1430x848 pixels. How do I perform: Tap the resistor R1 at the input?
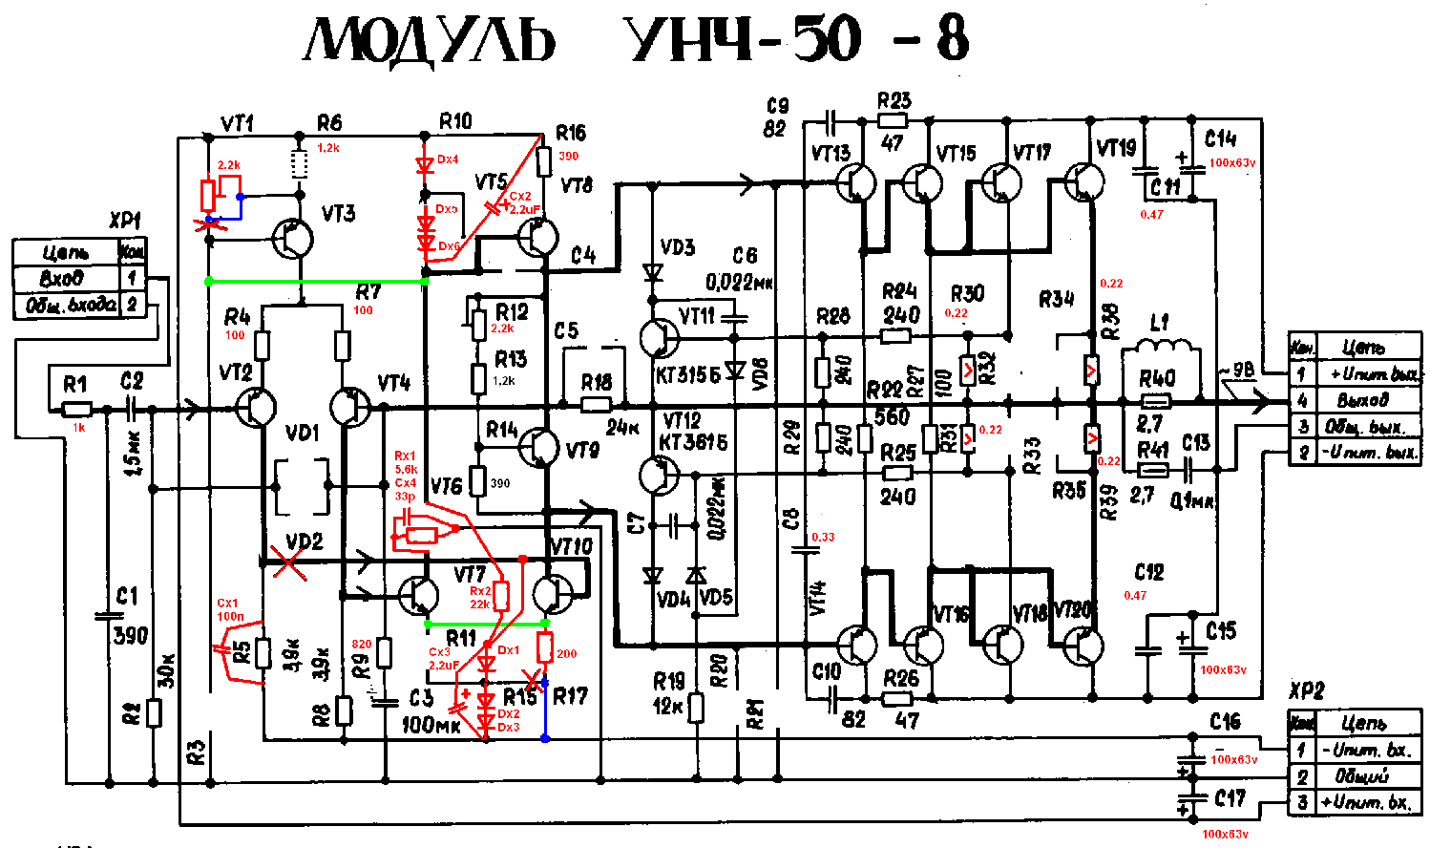point(76,409)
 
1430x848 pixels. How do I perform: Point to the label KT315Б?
point(688,375)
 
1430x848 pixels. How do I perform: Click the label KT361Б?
point(694,441)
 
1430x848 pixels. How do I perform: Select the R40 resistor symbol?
point(1156,402)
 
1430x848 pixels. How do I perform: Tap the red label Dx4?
point(447,159)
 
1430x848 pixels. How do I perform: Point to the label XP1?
point(125,222)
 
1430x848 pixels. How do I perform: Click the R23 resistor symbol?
point(894,121)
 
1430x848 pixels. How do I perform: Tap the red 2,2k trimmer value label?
point(229,165)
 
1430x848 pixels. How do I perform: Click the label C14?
point(1220,138)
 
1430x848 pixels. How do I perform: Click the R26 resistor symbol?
point(896,699)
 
